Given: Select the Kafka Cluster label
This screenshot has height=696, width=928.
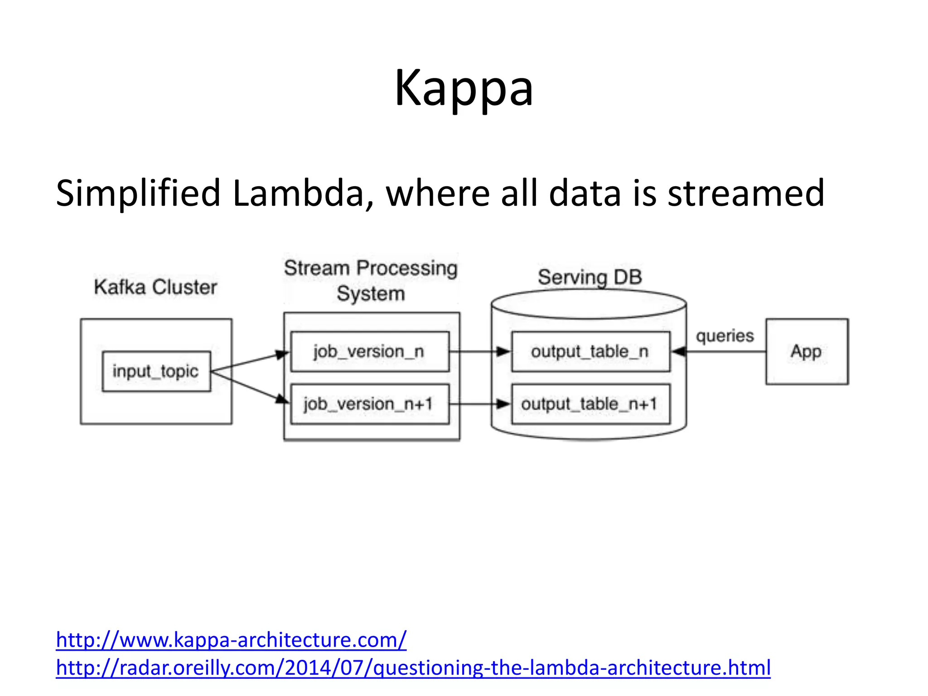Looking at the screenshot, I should coord(155,287).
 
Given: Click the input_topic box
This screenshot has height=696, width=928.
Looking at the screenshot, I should coord(156,371).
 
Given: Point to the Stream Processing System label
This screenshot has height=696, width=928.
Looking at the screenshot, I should coord(371,280).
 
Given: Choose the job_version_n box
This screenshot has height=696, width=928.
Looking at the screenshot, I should coord(369,352).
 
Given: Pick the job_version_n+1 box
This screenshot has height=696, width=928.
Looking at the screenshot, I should coord(369,404).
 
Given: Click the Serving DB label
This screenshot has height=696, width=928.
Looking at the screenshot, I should coord(590,277).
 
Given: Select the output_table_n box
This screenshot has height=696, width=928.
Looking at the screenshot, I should coord(590,352).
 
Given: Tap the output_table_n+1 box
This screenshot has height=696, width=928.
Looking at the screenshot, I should coord(590,404).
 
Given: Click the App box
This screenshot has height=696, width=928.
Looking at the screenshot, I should coord(807,352).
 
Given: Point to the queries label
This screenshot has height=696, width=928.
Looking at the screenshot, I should coord(725,336).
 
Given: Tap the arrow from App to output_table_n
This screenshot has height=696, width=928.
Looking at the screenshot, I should coord(720,352).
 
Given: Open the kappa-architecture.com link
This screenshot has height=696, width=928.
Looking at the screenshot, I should coord(231,640).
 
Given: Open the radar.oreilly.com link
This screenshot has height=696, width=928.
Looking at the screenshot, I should coord(413,668).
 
